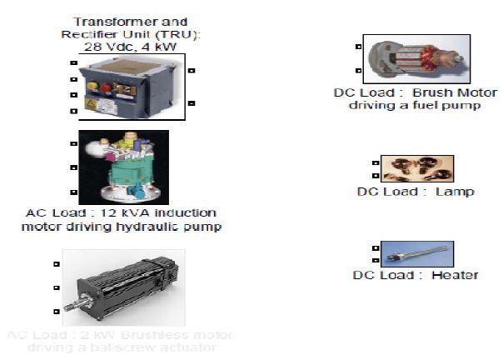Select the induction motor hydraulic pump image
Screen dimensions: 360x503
point(123,167)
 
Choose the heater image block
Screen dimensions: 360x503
point(416,253)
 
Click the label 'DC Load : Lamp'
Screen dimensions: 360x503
point(416,192)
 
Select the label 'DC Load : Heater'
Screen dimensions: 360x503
point(416,275)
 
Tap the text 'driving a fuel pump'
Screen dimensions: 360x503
point(414,106)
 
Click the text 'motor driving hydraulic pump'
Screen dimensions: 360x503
point(124,227)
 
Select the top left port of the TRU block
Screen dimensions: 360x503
point(73,65)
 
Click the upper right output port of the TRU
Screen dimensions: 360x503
point(191,71)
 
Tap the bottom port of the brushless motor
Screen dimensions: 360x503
point(56,312)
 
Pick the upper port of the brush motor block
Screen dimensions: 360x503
point(357,47)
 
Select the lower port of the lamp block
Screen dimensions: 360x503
point(376,176)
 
